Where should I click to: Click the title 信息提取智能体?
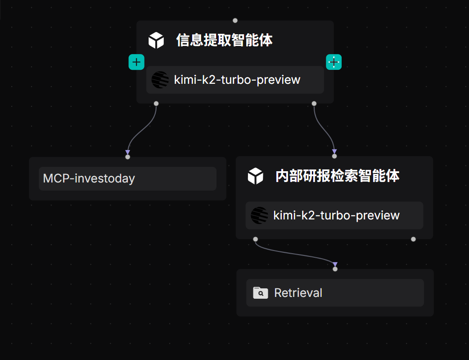click(224, 41)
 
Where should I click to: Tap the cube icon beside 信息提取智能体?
click(156, 41)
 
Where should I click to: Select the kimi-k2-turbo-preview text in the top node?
click(237, 80)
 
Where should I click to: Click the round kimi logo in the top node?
click(160, 80)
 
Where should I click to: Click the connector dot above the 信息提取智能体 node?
click(235, 20)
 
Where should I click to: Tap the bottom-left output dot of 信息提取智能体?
click(156, 104)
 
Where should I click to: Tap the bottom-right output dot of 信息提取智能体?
click(314, 104)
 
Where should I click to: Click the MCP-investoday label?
click(89, 178)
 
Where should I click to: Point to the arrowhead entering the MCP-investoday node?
click(128, 152)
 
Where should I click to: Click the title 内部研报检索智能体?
click(337, 176)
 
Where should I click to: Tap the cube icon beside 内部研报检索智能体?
click(255, 176)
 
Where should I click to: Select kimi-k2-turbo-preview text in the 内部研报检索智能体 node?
click(336, 215)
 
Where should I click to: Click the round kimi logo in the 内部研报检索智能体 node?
click(259, 215)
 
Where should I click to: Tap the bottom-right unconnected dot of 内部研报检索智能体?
click(414, 239)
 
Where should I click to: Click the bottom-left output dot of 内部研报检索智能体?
click(256, 239)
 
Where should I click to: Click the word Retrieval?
click(298, 293)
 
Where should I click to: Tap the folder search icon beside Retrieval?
click(260, 293)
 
